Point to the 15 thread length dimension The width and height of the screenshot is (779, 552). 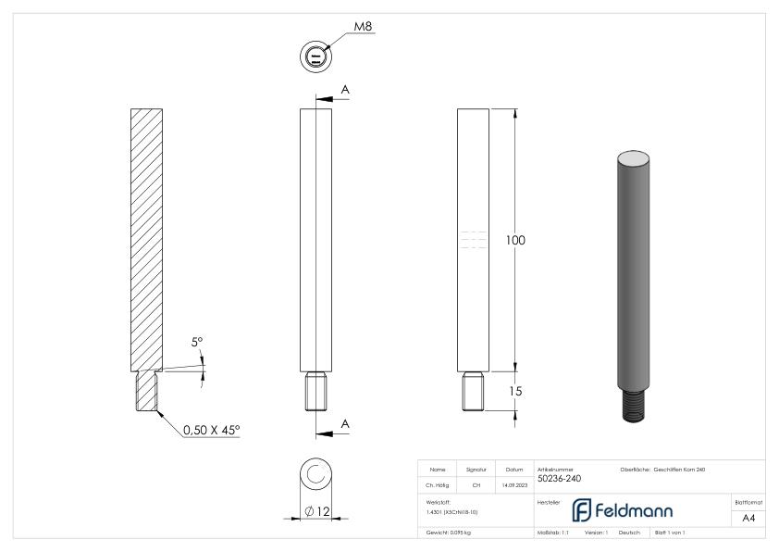pyautogui.click(x=516, y=392)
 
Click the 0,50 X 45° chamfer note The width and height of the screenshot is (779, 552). pyautogui.click(x=211, y=431)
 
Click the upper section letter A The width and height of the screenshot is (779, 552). pyautogui.click(x=346, y=89)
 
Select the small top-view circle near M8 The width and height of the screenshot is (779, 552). pyautogui.click(x=315, y=57)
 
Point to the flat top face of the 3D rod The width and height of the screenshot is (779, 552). pyautogui.click(x=635, y=158)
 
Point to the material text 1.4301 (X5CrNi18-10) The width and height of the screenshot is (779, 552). pyautogui.click(x=453, y=511)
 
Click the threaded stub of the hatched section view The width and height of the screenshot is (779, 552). pyautogui.click(x=147, y=390)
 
